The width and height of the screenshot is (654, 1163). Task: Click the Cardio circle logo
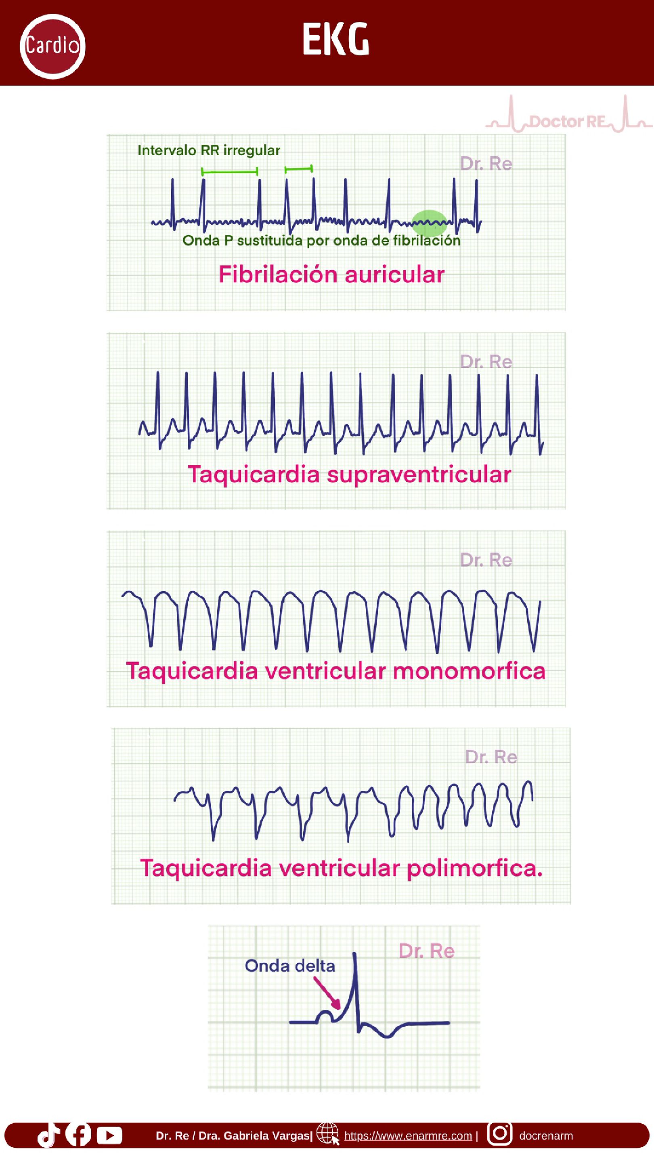[x=52, y=46]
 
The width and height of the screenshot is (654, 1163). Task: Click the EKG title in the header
[x=336, y=40]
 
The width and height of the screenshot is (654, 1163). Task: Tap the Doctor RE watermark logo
[x=568, y=121]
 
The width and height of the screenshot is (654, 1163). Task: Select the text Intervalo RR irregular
[x=209, y=150]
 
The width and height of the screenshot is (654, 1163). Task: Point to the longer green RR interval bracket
[x=229, y=172]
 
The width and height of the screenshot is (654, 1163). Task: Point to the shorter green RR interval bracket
[x=298, y=169]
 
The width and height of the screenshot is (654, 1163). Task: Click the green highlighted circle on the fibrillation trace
[x=429, y=223]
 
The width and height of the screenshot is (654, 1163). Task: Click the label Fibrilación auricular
[x=331, y=275]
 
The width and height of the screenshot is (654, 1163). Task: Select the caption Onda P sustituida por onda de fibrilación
[x=321, y=241]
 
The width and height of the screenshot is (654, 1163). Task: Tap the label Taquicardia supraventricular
[x=349, y=474]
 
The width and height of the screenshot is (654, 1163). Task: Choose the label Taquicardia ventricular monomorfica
[x=335, y=671]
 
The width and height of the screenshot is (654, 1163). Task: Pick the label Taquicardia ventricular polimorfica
[x=341, y=868]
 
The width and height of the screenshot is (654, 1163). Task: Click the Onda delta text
[x=290, y=966]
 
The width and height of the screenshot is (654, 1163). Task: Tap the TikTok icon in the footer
[x=48, y=1135]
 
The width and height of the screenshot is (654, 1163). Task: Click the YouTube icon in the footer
[x=109, y=1136]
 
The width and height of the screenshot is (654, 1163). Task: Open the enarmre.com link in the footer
[x=408, y=1136]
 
